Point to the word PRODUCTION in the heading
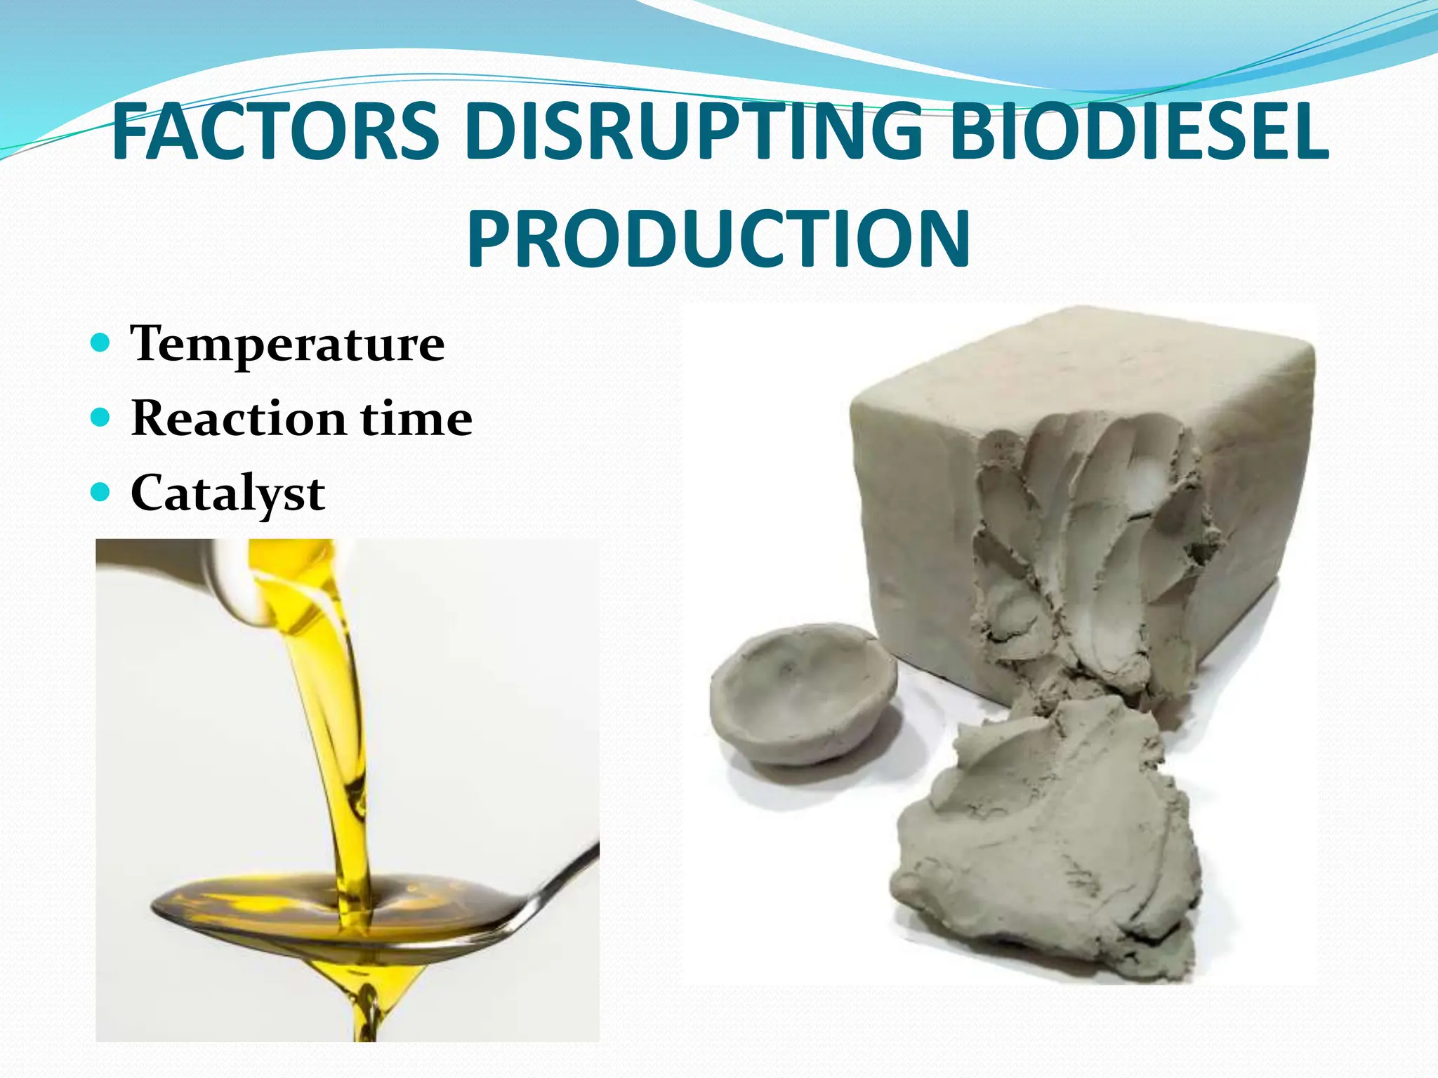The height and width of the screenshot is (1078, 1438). coord(719,239)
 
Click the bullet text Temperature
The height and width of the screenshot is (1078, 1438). coord(287,344)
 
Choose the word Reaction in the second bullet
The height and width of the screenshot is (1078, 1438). coord(238,418)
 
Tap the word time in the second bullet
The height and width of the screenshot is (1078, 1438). coord(416,418)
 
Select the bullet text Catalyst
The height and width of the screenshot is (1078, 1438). coord(227,493)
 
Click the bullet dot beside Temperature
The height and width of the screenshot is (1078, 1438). coord(101,343)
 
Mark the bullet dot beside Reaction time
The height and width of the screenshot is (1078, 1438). coord(101,418)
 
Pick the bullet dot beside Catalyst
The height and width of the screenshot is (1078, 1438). coord(101,493)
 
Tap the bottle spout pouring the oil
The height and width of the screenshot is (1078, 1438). coord(232,583)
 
